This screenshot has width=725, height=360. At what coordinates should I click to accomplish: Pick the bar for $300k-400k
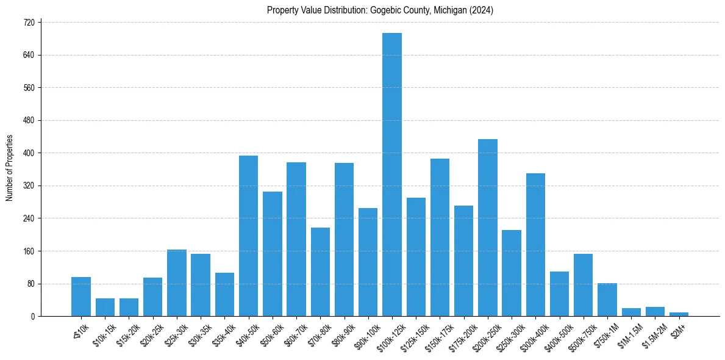(535, 245)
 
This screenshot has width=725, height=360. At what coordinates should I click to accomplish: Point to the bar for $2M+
(679, 314)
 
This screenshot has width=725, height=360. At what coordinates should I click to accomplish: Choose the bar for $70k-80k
(320, 272)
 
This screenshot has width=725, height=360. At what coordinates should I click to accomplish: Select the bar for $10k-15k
(105, 307)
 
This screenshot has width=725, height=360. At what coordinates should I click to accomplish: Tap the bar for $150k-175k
(440, 237)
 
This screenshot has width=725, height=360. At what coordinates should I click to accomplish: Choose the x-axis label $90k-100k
(365, 336)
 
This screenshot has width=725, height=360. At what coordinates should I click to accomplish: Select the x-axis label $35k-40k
(222, 335)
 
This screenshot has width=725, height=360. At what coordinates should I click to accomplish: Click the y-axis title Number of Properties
(9, 168)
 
